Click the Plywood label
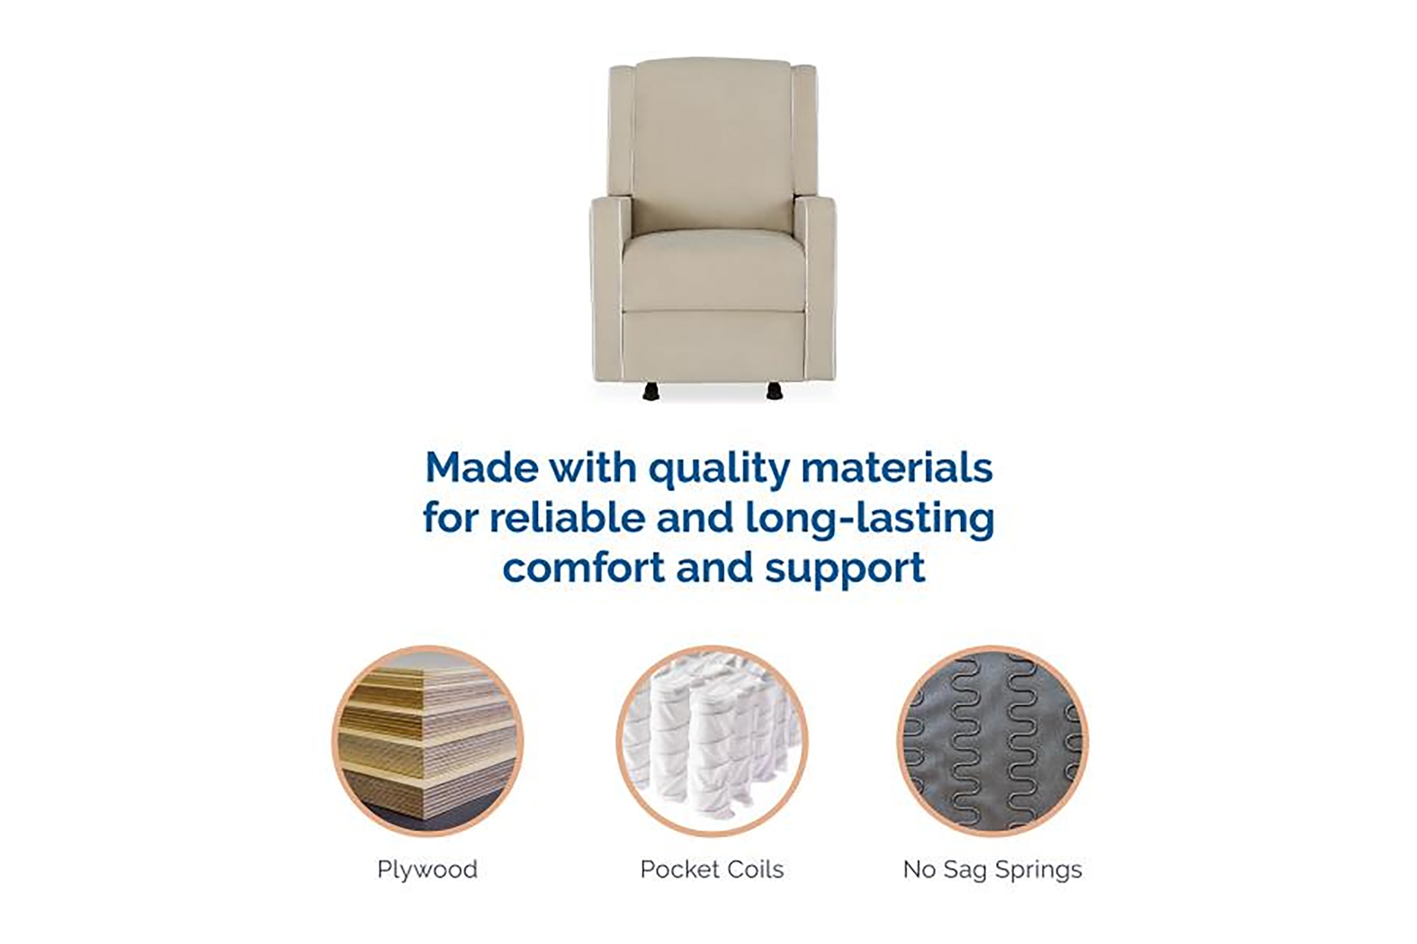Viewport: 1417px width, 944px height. (x=426, y=869)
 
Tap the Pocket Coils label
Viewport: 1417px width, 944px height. (x=712, y=869)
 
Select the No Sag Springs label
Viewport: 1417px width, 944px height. (x=992, y=869)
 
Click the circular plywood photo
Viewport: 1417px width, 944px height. (x=427, y=742)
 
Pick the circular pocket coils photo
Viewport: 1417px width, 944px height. (x=712, y=742)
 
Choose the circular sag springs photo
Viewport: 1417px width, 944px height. (x=992, y=742)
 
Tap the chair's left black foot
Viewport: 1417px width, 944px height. (x=650, y=391)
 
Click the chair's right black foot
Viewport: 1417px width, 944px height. (x=773, y=391)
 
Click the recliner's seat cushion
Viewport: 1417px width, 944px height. (x=712, y=265)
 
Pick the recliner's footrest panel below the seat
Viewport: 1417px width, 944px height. (x=712, y=346)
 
